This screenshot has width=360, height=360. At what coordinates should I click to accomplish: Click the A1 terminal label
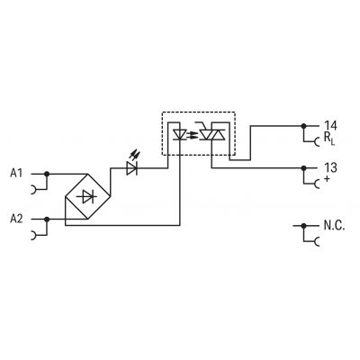pyautogui.click(x=16, y=174)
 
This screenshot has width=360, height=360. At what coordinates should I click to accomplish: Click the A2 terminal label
pyautogui.click(x=16, y=219)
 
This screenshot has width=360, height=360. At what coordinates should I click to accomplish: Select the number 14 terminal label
pyautogui.click(x=330, y=126)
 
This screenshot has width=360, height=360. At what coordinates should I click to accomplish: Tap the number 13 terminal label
pyautogui.click(x=330, y=167)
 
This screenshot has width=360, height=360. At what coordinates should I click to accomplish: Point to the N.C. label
pyautogui.click(x=334, y=225)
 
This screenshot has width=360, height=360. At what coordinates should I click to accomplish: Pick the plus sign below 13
pyautogui.click(x=327, y=179)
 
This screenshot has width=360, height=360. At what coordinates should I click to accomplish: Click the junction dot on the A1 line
pyautogui.click(x=47, y=174)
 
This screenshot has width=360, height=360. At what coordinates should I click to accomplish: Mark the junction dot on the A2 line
pyautogui.click(x=47, y=220)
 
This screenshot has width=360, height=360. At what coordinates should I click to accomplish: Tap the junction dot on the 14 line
pyautogui.click(x=303, y=126)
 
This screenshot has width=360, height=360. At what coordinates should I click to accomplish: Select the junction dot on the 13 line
pyautogui.click(x=303, y=167)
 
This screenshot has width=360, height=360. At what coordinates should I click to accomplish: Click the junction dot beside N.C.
pyautogui.click(x=303, y=225)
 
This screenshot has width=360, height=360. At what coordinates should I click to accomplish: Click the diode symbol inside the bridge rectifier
pyautogui.click(x=88, y=196)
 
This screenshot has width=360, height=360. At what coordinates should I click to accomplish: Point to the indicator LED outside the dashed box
pyautogui.click(x=132, y=168)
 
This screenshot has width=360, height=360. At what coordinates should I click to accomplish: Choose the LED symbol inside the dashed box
pyautogui.click(x=180, y=134)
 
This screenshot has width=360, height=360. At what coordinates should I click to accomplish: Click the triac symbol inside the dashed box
pyautogui.click(x=212, y=134)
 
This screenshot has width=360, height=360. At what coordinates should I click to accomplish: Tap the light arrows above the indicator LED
pyautogui.click(x=134, y=156)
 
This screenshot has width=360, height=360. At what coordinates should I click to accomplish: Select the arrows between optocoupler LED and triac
pyautogui.click(x=192, y=135)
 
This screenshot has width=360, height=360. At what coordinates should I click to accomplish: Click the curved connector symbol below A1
pyautogui.click(x=34, y=190)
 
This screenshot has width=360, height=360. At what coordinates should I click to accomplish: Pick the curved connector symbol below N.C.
pyautogui.click(x=317, y=241)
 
